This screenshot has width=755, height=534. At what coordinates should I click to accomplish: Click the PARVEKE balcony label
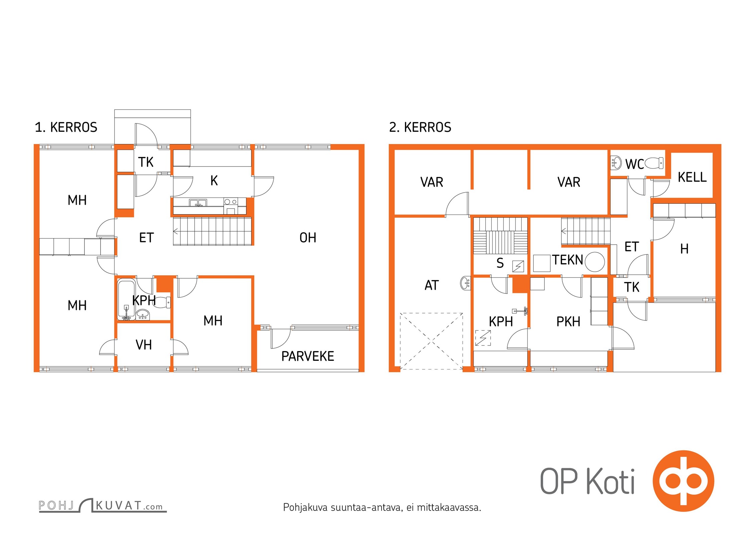tap(307, 356)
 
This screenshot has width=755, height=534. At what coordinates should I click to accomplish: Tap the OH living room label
tap(308, 238)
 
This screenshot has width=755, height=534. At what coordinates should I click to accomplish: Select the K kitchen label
tap(214, 181)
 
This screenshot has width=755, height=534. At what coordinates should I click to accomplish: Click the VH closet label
tap(144, 345)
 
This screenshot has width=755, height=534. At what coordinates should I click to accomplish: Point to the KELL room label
tap(692, 177)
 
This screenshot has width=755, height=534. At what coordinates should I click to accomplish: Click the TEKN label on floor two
tap(567, 260)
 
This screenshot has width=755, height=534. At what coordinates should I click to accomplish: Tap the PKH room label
tap(568, 321)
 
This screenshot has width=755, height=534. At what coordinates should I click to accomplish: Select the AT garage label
tap(432, 285)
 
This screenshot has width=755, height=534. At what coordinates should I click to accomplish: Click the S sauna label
tap(500, 263)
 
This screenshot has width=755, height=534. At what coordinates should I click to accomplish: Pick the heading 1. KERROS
tap(66, 127)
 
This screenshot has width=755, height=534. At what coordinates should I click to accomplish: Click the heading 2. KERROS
tap(420, 127)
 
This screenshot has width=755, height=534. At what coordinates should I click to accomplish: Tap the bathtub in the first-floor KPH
tap(127, 299)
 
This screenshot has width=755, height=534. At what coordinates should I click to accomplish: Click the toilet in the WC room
tap(654, 163)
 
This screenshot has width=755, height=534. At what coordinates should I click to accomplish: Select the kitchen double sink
tap(198, 203)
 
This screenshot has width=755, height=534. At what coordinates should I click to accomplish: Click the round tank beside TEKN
tap(594, 262)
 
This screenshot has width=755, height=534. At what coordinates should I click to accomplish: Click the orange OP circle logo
tap(683, 481)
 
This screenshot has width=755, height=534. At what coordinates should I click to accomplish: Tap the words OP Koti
tap(587, 481)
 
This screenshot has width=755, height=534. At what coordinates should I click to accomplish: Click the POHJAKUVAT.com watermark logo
tap(102, 505)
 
